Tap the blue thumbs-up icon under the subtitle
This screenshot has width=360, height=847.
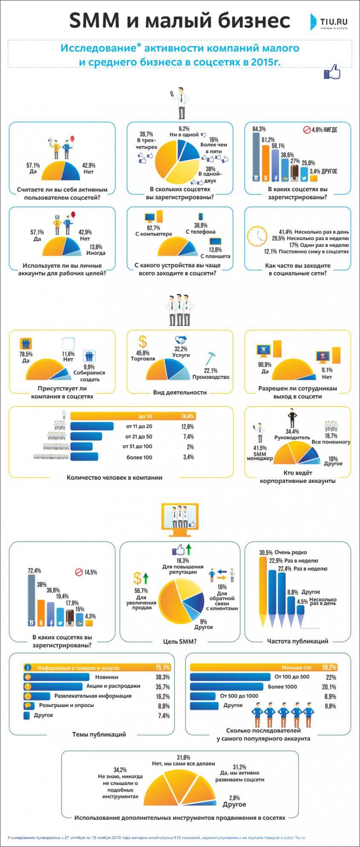click(332, 72)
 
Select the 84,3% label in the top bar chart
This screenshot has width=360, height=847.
click(259, 129)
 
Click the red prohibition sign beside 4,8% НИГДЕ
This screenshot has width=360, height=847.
click(306, 129)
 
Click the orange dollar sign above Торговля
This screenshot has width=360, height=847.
click(143, 341)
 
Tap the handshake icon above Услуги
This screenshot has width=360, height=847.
click(181, 340)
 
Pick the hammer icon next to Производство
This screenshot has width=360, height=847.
click(211, 359)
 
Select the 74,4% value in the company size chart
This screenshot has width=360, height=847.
click(187, 416)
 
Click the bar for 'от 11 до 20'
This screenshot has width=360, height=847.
click(92, 426)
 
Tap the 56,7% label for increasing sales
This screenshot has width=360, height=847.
click(141, 591)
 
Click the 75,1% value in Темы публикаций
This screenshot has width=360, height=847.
click(163, 667)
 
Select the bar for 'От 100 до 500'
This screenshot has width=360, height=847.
click(230, 677)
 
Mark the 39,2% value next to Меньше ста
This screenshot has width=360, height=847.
click(329, 667)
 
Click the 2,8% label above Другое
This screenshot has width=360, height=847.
click(234, 798)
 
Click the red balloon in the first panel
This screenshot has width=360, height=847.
click(72, 139)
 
